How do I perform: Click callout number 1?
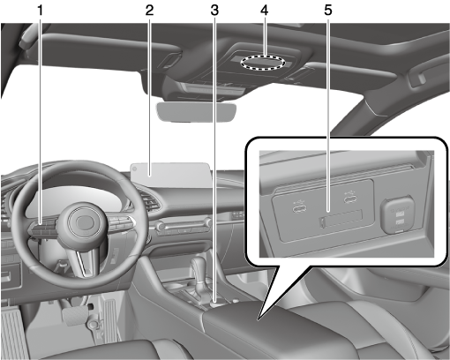40,11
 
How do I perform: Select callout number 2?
149,11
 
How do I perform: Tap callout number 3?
214,11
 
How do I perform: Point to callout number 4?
265,11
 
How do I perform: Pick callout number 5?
328,11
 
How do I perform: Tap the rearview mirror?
197,112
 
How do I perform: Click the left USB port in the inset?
299,208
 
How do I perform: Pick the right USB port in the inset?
351,199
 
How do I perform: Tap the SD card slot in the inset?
341,219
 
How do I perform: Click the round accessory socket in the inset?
397,214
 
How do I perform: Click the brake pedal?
75,315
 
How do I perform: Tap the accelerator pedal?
109,319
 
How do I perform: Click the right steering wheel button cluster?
122,222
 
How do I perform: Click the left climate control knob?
161,227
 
